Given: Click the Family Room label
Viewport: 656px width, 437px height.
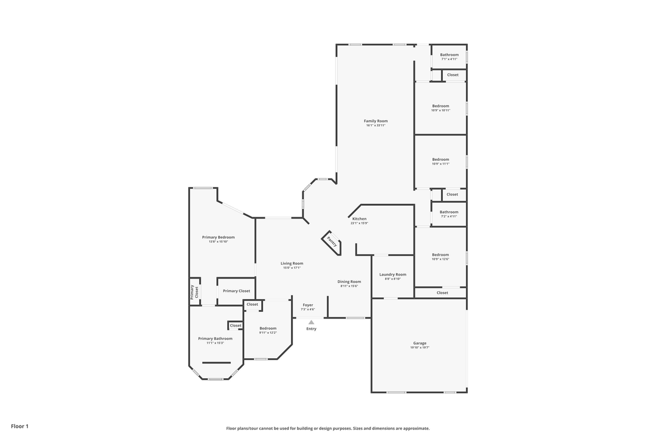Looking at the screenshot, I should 375,121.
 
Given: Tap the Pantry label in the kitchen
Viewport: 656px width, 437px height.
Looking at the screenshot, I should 332,242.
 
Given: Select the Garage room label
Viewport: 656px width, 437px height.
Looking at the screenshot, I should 420,343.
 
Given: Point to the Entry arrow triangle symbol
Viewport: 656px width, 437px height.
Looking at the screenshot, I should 311,322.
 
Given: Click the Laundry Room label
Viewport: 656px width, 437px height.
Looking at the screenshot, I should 392,274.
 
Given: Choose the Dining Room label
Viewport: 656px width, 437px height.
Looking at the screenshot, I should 349,282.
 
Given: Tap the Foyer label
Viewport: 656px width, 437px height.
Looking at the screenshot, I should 308,305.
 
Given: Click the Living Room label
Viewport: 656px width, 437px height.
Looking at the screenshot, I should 292,263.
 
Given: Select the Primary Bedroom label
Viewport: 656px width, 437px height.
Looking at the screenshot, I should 218,237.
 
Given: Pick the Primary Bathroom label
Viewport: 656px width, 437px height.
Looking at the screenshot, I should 215,339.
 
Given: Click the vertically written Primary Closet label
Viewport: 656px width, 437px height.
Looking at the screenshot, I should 194,292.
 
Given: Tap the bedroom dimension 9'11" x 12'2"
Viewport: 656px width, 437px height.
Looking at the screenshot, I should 268,333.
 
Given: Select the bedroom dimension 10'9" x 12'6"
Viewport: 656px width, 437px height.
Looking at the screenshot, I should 440,259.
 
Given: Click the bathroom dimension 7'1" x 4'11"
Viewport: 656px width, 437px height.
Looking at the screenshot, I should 449,59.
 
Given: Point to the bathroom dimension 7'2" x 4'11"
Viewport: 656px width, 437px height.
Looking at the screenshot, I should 449,216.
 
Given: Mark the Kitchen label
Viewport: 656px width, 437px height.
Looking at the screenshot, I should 359,218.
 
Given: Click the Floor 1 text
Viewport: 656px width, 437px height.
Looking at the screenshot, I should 19,427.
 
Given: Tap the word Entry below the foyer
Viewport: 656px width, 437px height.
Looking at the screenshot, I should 311,329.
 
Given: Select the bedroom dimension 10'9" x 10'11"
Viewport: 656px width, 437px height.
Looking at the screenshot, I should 440,110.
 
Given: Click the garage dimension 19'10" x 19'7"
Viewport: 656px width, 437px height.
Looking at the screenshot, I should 420,348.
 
